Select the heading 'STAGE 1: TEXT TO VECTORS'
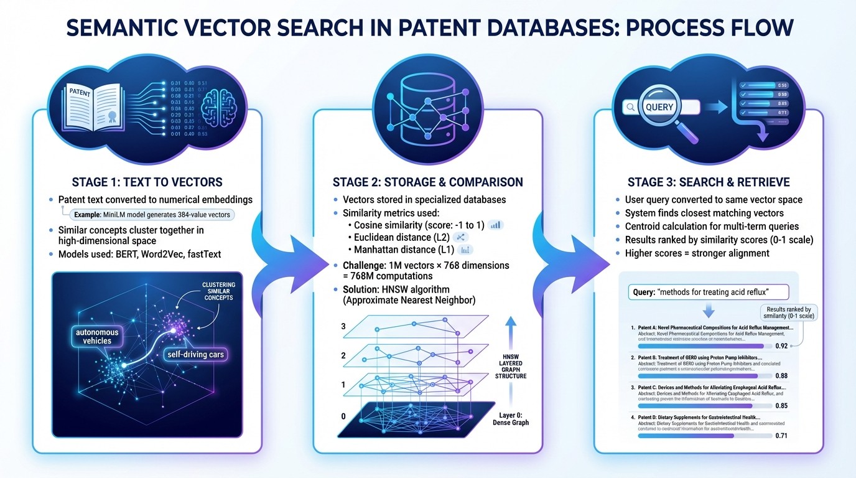(147, 182)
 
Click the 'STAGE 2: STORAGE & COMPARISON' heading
(427, 182)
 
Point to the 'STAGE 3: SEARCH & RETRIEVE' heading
(708, 182)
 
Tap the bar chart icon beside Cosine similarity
(496, 225)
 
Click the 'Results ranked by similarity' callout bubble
(789, 313)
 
